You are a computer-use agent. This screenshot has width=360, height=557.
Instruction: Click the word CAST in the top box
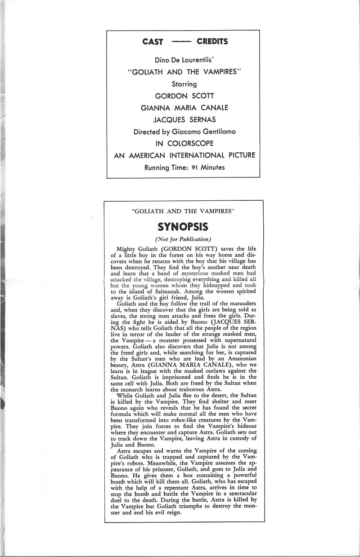153,42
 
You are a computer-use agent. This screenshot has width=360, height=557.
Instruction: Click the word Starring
185,83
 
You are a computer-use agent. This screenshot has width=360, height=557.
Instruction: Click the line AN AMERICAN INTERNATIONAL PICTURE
185,156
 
